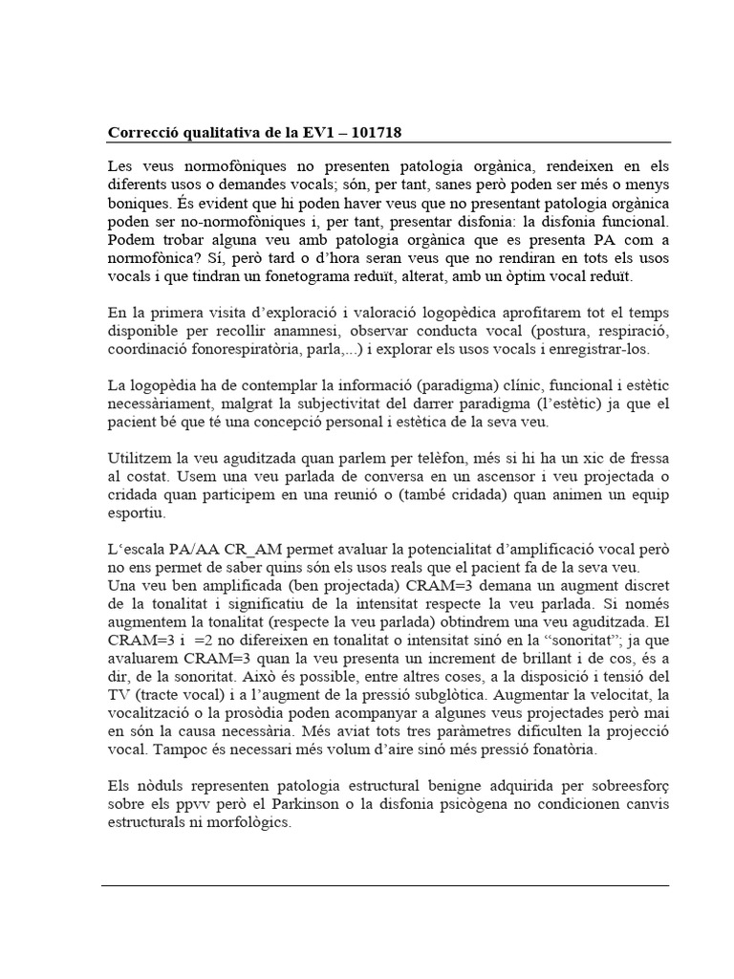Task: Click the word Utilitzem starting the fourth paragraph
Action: pos(137,458)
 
